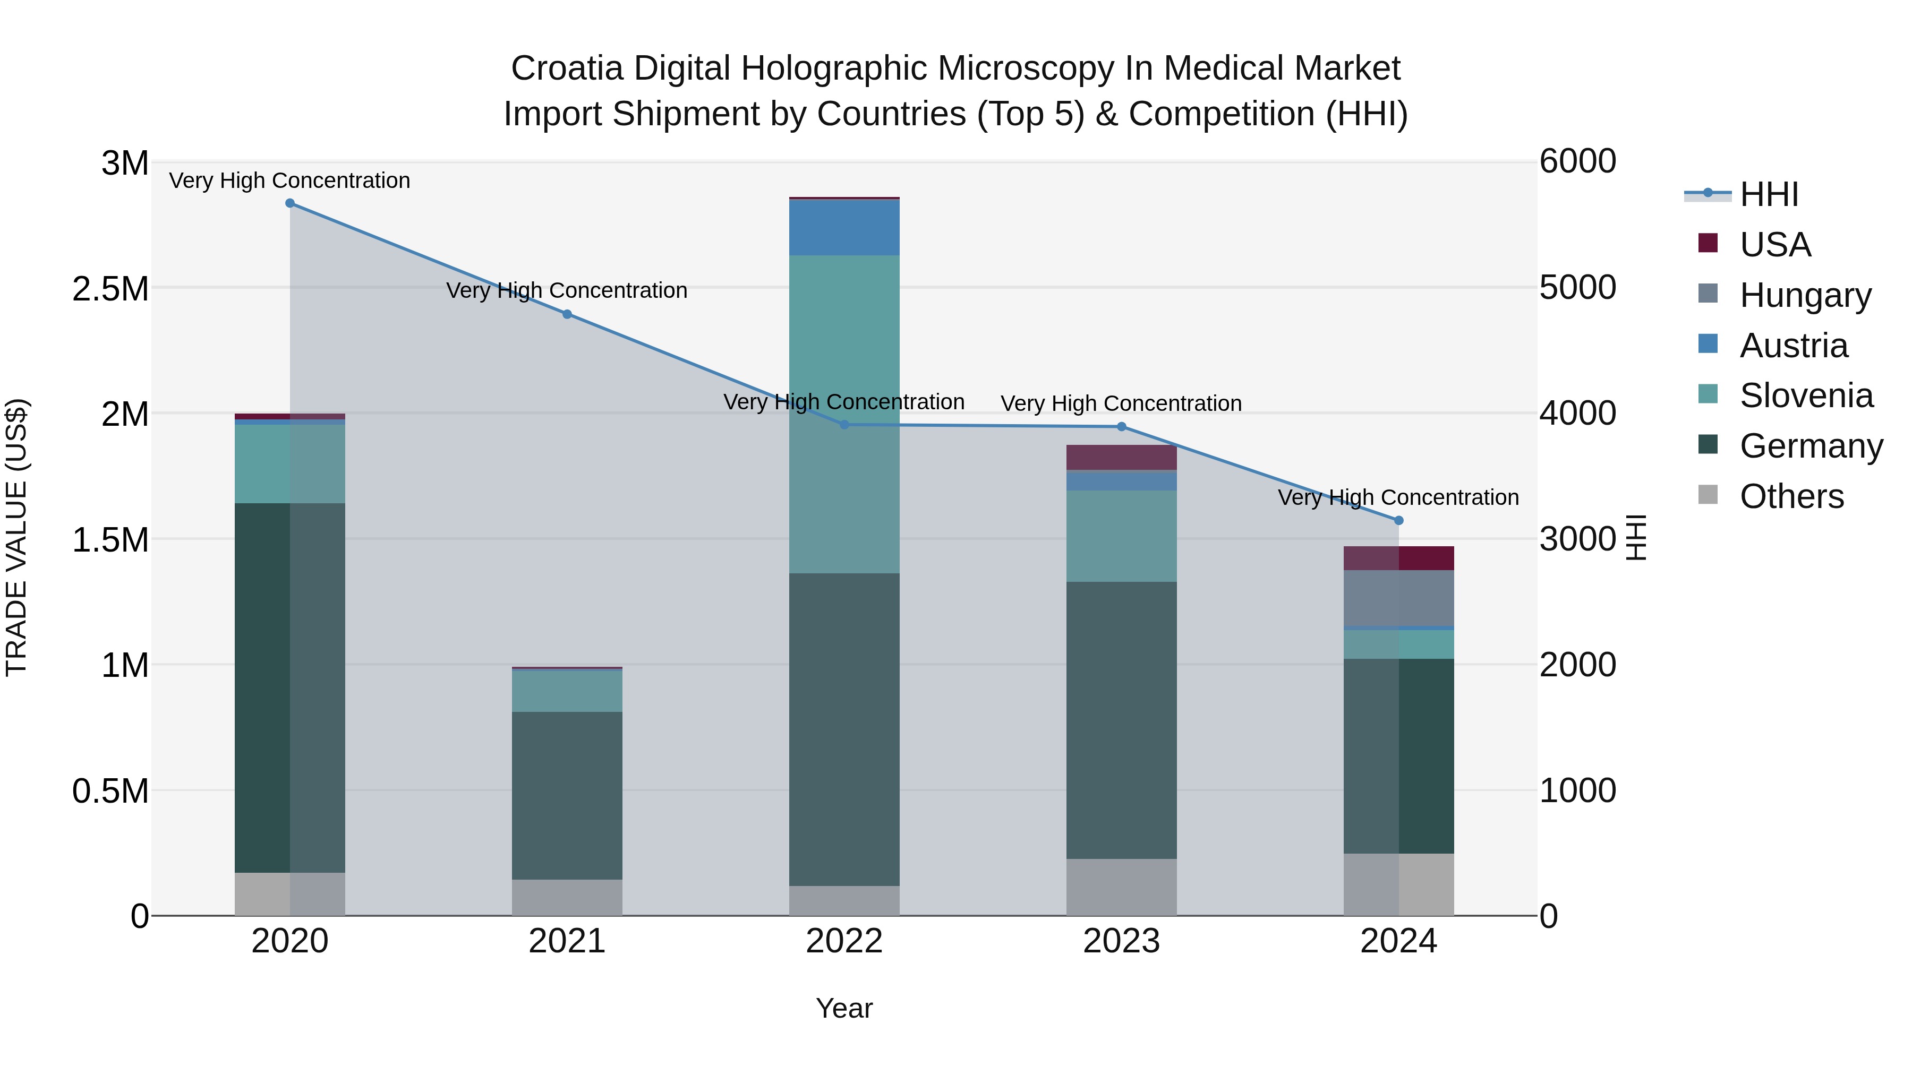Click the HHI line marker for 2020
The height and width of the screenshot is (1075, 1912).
point(290,203)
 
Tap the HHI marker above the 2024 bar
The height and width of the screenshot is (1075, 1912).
point(1399,521)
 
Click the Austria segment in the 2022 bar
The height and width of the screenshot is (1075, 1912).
point(844,228)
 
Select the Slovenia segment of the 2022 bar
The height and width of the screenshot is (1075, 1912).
point(844,414)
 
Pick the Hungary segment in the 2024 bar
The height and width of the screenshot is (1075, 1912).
point(1399,598)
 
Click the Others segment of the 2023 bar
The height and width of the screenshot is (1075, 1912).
point(1122,887)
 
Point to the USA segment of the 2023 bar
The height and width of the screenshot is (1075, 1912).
point(1122,458)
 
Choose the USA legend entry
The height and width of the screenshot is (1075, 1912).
point(1776,245)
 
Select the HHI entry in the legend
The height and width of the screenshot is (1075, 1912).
point(1769,194)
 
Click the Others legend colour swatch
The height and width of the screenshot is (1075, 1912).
point(1708,495)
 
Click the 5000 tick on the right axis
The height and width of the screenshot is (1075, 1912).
point(1578,287)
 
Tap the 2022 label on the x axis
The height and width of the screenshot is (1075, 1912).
point(844,941)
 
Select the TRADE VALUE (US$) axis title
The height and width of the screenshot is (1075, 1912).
point(16,537)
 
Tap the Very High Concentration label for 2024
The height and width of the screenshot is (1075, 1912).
point(1398,497)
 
